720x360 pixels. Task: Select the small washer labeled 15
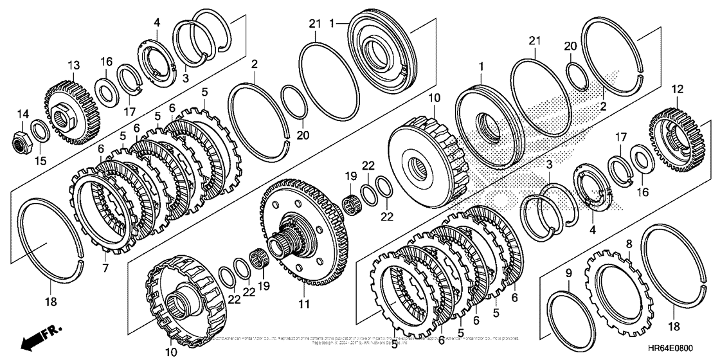coord(39,131)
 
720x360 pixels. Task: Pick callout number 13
coord(74,66)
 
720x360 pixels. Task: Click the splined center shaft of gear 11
coord(283,245)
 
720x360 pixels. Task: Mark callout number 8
coord(629,244)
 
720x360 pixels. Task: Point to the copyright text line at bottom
coord(360,339)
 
